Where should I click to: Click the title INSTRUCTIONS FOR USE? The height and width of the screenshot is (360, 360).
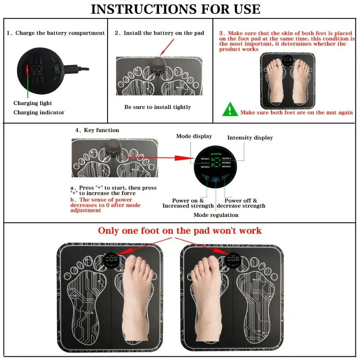pos(175,9)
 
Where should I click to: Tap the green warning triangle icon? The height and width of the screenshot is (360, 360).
pos(230,109)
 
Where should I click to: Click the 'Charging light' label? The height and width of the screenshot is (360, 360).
pos(32,103)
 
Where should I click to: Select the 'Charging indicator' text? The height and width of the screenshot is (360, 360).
pos(39,112)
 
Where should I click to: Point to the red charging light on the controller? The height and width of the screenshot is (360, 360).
pos(27,71)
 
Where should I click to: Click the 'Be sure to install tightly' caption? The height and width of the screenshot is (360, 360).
pos(157,107)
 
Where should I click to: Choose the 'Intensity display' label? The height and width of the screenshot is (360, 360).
pos(250,138)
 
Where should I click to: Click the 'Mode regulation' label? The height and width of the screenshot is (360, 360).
pos(216,215)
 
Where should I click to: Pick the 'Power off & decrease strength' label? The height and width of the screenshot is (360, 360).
pos(241,203)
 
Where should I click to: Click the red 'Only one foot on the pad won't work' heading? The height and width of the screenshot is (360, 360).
pos(180,230)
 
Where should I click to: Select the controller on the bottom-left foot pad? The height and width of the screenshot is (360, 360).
pos(111,260)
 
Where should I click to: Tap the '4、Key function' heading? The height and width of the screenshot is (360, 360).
pos(97,130)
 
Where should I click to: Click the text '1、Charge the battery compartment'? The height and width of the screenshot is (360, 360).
pos(55,33)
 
